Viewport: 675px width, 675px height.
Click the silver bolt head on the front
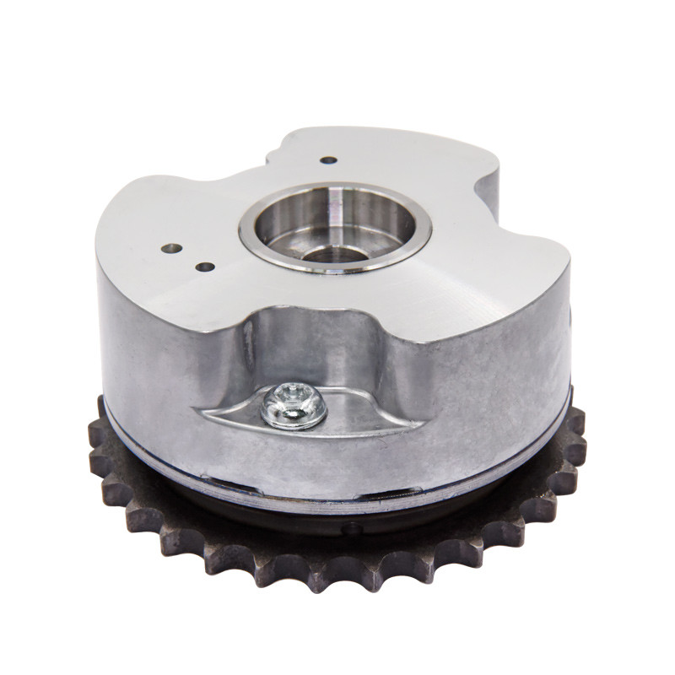tap(294, 405)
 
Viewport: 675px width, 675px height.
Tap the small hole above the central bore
tap(329, 159)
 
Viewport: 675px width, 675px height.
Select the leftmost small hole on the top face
tap(172, 250)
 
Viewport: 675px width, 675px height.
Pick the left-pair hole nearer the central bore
tap(205, 267)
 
